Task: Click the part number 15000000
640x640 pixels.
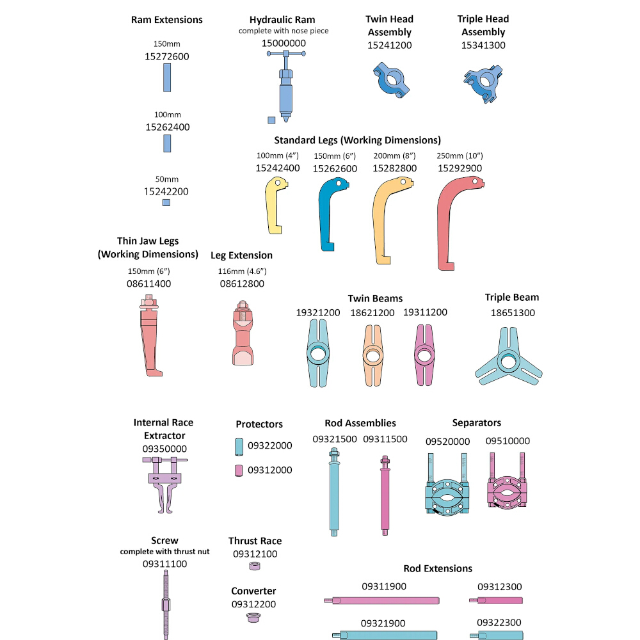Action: click(284, 44)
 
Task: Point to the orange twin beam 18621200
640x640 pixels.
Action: click(372, 355)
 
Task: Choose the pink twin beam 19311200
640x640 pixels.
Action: click(424, 355)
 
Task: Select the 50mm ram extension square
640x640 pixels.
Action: click(166, 202)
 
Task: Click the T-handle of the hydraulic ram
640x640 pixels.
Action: click(286, 54)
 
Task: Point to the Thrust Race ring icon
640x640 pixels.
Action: click(255, 566)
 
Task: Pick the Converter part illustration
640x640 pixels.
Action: click(253, 618)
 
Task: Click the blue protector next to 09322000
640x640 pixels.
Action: click(239, 447)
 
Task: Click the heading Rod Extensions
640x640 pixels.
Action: click(438, 568)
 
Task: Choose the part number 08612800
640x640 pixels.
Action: click(242, 284)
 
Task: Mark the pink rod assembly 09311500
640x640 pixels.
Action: click(385, 495)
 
